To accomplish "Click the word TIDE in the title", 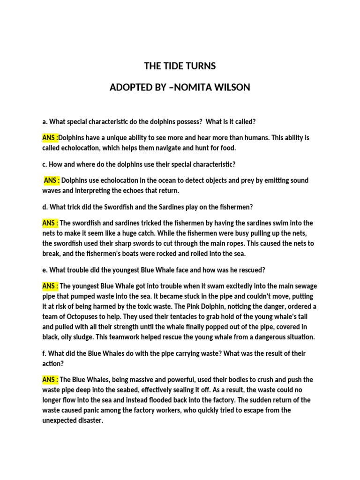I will click(175, 66).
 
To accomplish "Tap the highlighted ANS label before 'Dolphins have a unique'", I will click(50, 138).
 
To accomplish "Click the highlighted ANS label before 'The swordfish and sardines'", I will click(50, 223).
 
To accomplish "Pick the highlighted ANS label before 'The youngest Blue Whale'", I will click(50, 286).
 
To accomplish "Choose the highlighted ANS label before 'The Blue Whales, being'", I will click(50, 380).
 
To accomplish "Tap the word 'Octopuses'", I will click(78, 317).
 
